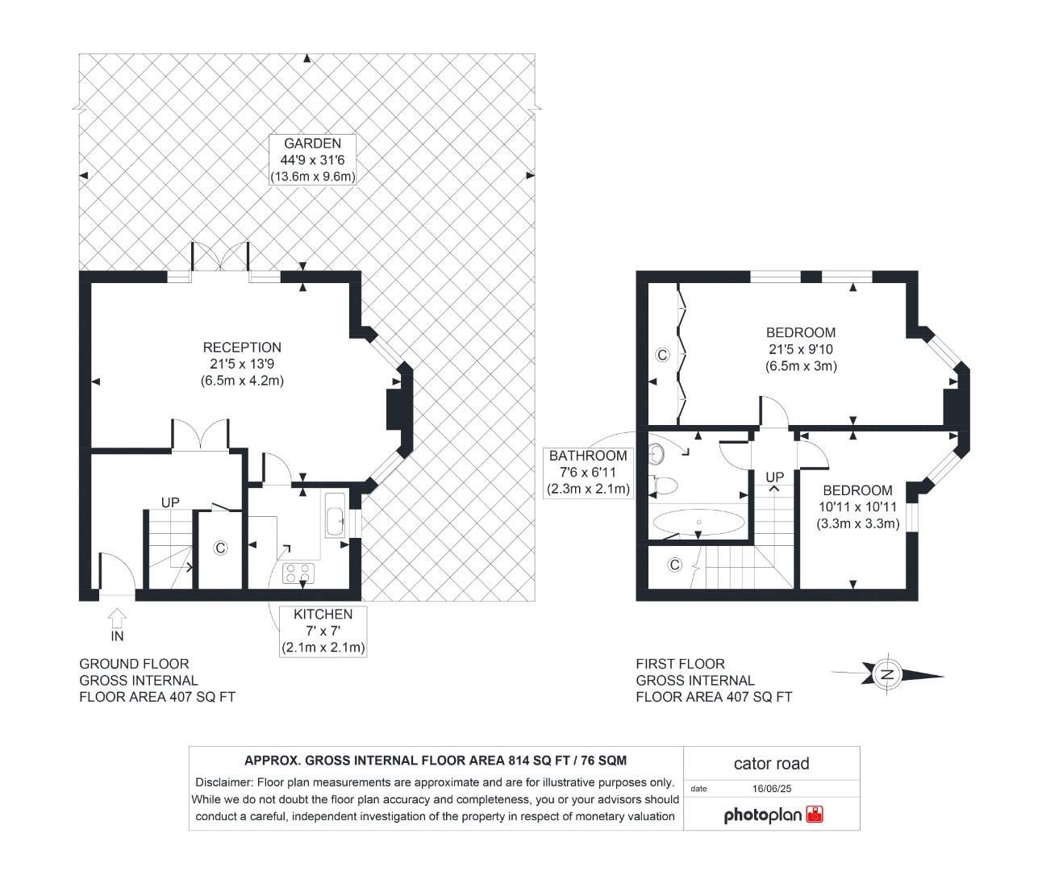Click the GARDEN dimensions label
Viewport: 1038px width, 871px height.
312,160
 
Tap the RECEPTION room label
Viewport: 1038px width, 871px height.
242,364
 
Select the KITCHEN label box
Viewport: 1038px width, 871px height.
323,631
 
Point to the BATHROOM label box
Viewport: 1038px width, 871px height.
588,472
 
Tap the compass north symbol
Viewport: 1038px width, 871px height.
887,674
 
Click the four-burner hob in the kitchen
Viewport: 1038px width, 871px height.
298,573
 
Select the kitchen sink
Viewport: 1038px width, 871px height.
335,514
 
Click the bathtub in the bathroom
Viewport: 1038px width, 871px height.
698,523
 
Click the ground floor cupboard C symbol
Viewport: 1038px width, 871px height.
219,548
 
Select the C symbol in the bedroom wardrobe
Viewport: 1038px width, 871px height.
661,355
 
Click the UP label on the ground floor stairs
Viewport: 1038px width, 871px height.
169,502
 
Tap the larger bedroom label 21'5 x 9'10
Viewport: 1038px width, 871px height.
801,349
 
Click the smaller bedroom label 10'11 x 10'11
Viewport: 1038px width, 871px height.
857,506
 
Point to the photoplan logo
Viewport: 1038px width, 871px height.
773,815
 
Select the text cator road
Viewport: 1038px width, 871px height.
771,763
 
